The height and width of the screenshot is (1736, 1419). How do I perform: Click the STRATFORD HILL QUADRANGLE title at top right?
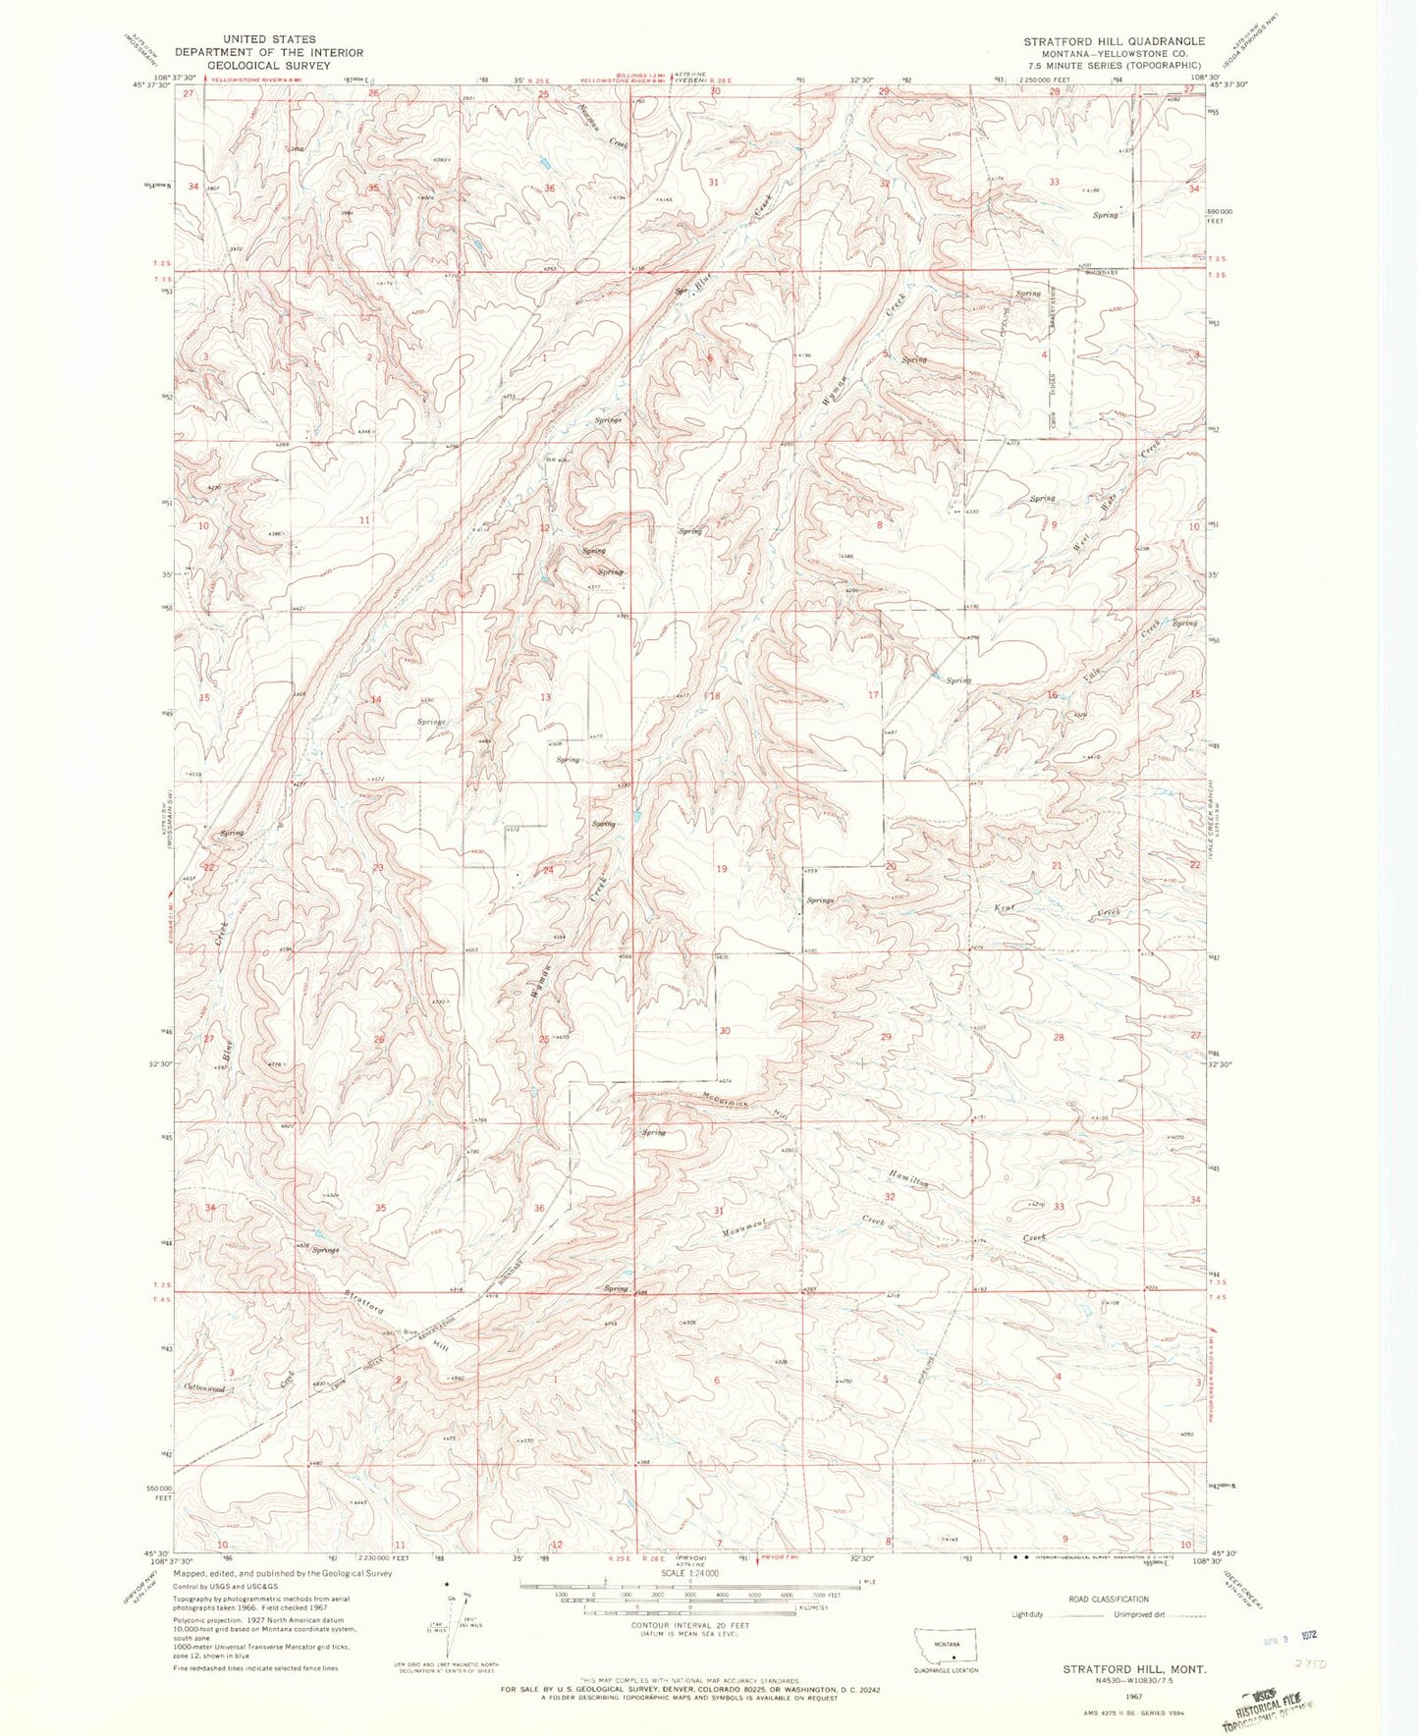1114,41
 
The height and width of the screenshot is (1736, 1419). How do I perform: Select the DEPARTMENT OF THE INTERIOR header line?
269,52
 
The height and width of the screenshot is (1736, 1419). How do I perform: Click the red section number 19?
722,868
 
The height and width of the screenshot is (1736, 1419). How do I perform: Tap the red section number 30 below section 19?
725,1031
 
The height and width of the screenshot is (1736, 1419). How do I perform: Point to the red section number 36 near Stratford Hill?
538,1209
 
